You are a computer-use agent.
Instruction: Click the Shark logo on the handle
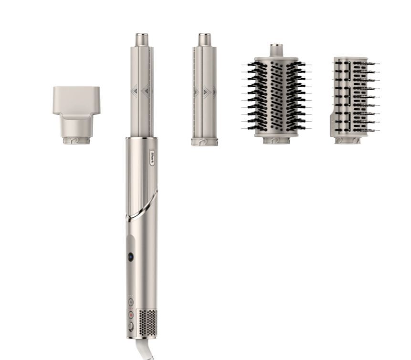click(152, 157)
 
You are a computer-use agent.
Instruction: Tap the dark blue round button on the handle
click(130, 257)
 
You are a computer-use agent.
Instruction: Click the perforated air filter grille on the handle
click(148, 323)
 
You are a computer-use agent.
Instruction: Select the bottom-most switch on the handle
click(130, 327)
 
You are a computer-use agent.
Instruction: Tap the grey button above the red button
click(131, 302)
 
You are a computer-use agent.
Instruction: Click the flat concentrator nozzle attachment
click(76, 115)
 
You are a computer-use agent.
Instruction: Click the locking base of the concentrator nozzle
click(76, 140)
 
